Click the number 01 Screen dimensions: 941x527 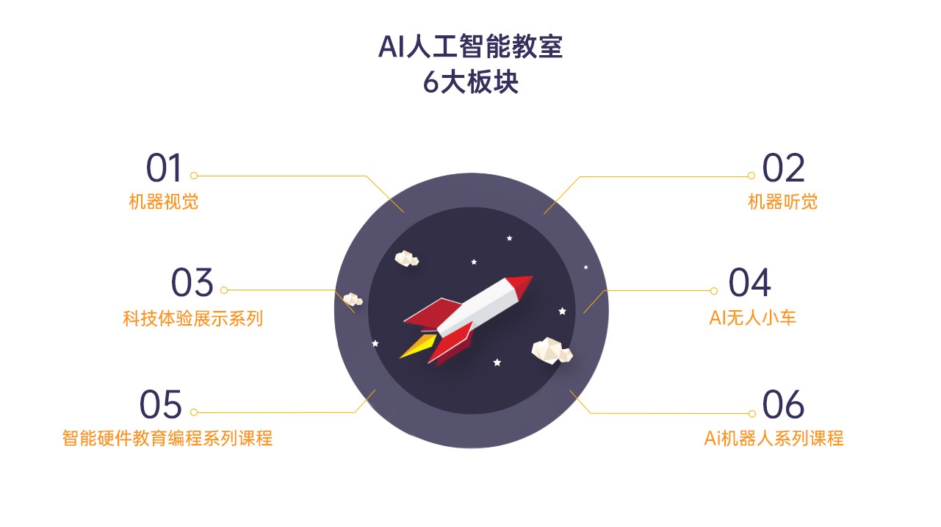pyautogui.click(x=163, y=168)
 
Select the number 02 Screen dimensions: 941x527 pyautogui.click(x=783, y=168)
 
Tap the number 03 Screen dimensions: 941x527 pyautogui.click(x=192, y=282)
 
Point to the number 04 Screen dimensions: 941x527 pyautogui.click(x=749, y=282)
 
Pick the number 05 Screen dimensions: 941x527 pyautogui.click(x=160, y=404)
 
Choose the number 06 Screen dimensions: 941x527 pyautogui.click(x=783, y=404)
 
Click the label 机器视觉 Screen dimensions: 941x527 pyautogui.click(x=163, y=201)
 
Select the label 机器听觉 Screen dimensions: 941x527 pyautogui.click(x=782, y=201)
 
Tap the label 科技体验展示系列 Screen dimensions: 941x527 pyautogui.click(x=192, y=318)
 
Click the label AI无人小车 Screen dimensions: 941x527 pyautogui.click(x=752, y=318)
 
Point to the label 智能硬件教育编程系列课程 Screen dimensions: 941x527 pyautogui.click(x=167, y=438)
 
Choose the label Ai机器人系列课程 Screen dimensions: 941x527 pyautogui.click(x=774, y=438)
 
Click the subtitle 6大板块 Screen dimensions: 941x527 pyautogui.click(x=470, y=82)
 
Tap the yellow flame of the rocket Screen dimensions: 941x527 pyautogui.click(x=417, y=346)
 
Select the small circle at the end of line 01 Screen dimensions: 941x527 pyautogui.click(x=194, y=176)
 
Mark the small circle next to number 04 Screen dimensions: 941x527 pyautogui.click(x=714, y=291)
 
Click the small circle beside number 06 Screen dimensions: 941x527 pyautogui.click(x=751, y=414)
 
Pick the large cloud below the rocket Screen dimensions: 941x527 pyautogui.click(x=552, y=351)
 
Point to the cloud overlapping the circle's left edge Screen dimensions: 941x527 pyautogui.click(x=353, y=299)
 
